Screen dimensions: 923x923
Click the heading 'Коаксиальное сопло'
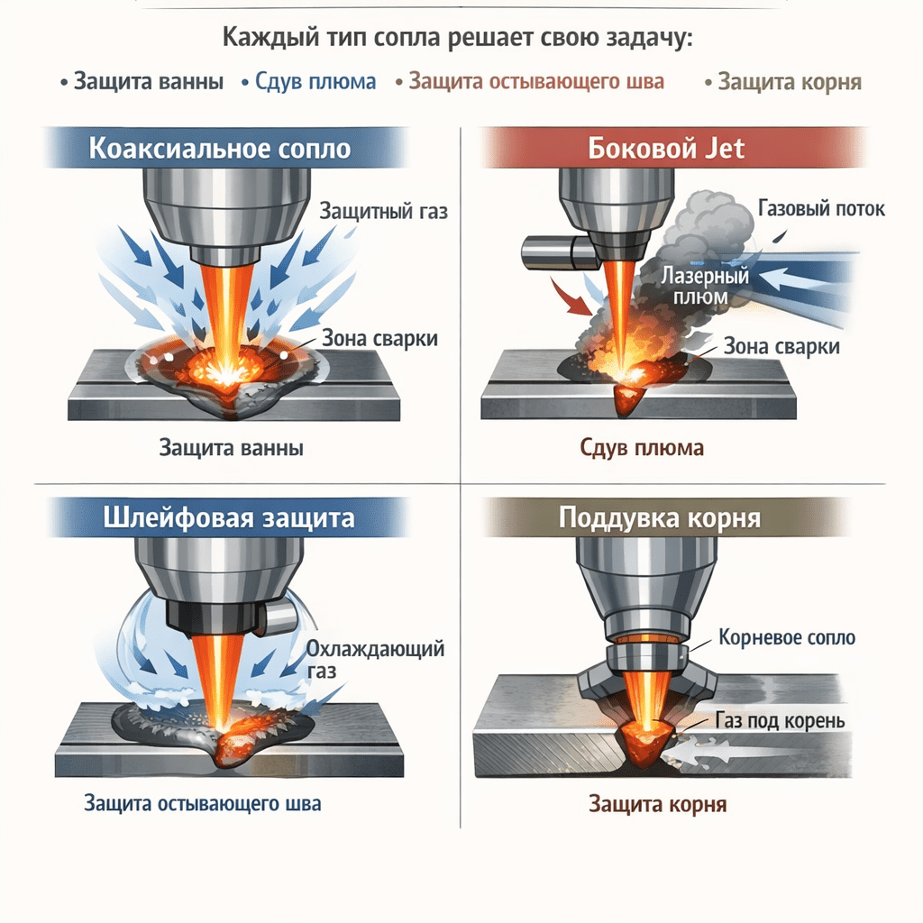219,149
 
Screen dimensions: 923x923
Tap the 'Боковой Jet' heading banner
666,148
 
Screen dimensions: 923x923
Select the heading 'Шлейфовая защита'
229,519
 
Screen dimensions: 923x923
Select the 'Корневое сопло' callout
787,638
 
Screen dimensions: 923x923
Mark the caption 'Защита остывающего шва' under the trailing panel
202,803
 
